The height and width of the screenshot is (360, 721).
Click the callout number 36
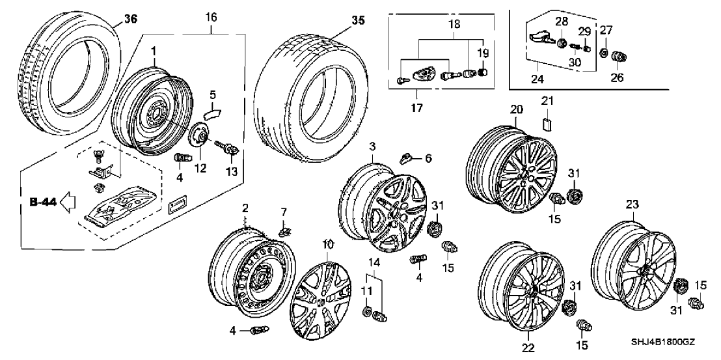131,19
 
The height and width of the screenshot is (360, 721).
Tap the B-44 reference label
43,202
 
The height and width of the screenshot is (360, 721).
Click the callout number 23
632,204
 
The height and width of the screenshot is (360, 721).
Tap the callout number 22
528,348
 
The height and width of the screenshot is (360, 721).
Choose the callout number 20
517,109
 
